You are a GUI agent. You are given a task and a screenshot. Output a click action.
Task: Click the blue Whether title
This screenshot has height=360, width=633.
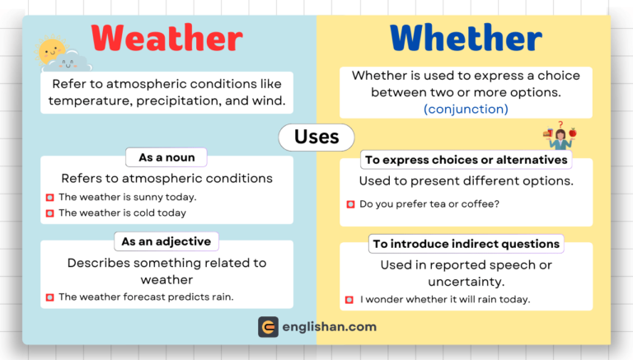tap(466, 38)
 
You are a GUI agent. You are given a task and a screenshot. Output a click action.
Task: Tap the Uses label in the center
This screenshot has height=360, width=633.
tap(316, 137)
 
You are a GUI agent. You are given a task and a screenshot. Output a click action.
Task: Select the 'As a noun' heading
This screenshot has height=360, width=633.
tap(166, 157)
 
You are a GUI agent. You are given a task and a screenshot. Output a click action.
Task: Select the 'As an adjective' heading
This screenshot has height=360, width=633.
tap(166, 241)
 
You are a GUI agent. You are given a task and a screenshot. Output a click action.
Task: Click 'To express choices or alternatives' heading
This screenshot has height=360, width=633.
tap(467, 160)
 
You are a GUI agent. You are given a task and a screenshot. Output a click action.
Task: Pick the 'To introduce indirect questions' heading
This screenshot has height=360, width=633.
tap(466, 244)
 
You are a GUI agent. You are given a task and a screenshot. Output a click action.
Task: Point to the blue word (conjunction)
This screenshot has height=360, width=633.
tap(466, 109)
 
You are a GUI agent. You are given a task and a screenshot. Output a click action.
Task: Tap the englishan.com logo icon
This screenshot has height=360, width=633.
tap(268, 327)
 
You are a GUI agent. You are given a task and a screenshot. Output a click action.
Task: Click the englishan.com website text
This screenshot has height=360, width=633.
tap(329, 327)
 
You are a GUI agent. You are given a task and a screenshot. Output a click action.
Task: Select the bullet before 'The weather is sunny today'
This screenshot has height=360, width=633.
tap(49, 197)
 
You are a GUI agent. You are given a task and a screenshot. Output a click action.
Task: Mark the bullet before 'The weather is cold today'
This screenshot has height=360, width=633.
tap(49, 213)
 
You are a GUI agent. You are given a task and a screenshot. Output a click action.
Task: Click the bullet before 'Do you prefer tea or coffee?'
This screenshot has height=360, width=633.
tap(350, 203)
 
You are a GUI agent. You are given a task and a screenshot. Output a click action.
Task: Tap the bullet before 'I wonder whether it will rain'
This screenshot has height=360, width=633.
tap(350, 299)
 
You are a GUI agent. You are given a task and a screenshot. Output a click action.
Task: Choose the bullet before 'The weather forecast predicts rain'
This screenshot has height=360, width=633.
tap(49, 297)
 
